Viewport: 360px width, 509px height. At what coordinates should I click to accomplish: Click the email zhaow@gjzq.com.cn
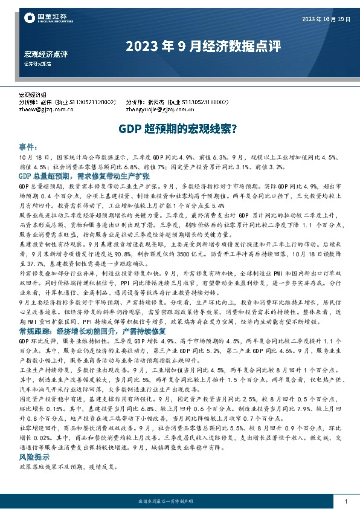(x=47, y=110)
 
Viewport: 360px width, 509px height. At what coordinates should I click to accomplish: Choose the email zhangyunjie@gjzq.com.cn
(x=159, y=110)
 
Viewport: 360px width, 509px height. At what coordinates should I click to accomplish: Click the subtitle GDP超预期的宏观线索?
(x=180, y=129)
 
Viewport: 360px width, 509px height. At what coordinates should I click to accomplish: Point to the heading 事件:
(x=29, y=147)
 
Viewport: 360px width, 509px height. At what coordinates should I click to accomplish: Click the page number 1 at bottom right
(x=345, y=502)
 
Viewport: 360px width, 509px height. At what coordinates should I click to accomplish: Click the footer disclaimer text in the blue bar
(x=179, y=502)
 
